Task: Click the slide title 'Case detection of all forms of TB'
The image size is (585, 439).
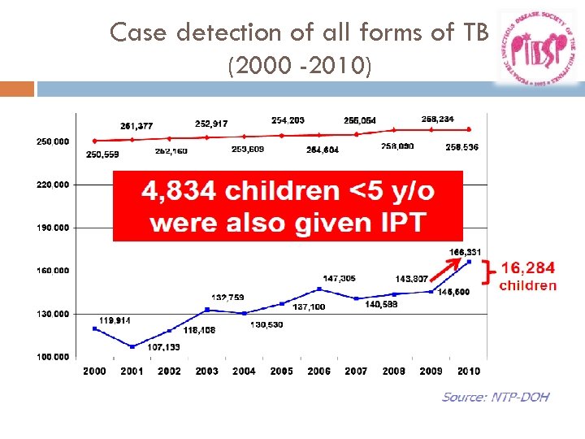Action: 299,33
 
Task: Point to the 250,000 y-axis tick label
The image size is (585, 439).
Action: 53,141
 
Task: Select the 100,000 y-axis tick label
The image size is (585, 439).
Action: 53,356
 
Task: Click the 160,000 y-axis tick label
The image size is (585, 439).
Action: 53,270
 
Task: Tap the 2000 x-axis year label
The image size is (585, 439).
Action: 94,371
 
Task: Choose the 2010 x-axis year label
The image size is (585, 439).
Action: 468,371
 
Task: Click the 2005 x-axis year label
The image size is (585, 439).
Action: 281,371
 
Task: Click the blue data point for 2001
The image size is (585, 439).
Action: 132,346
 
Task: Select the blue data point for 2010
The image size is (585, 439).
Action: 469,261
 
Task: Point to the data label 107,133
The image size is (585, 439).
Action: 163,348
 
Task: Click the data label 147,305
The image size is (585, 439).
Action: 339,278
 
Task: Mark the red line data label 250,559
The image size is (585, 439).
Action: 102,154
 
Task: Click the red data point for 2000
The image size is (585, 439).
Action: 95,141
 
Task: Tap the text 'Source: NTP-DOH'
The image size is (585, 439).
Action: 495,397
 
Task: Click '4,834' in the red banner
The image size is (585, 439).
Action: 179,191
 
